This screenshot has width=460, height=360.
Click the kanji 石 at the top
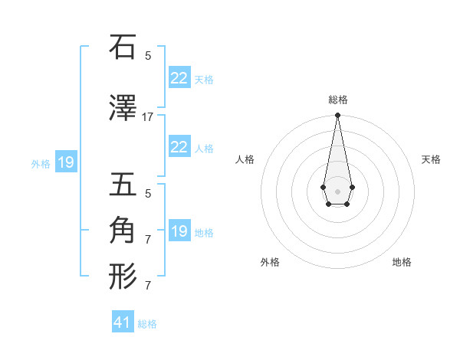pos(123,47)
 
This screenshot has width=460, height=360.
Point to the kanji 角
pos(123,229)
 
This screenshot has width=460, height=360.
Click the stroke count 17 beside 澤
pos(148,117)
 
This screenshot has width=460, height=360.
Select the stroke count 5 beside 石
pos(148,55)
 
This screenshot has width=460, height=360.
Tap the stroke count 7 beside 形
pos(148,286)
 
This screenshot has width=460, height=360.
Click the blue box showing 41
pos(123,322)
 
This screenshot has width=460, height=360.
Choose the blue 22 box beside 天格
pos(179,77)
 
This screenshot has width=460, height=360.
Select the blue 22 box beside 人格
pos(179,147)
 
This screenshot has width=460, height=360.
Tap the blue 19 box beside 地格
pos(179,231)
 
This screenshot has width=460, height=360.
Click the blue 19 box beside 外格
pos(65,162)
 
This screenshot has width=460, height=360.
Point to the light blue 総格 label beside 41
pos(147,324)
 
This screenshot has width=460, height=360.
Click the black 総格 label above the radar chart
pos(337,100)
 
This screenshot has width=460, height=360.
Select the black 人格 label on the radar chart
pos(245,159)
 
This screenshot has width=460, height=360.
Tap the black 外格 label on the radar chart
pos(270,262)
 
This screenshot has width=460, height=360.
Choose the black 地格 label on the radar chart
pos(402,262)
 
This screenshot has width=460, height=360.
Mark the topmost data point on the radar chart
pos(337,116)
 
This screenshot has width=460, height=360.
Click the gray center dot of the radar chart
pos(337,190)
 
